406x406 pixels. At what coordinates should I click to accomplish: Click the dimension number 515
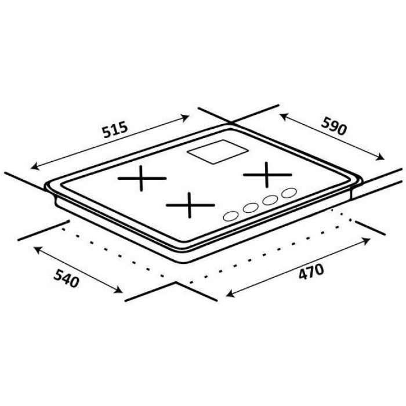point(115,129)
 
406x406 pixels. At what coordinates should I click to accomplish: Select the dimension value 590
point(333,126)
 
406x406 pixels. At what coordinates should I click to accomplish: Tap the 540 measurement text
point(66,278)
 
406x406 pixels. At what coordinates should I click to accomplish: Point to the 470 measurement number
point(311,271)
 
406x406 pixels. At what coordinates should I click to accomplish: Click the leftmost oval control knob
point(231,216)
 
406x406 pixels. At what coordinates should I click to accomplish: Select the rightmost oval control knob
point(289,193)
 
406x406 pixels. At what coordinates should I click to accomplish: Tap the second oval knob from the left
point(251,208)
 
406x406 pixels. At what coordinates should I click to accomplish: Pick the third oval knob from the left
point(270,200)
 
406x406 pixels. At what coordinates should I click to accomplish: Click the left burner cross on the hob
point(141,178)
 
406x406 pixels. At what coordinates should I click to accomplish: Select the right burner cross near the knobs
point(266,175)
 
